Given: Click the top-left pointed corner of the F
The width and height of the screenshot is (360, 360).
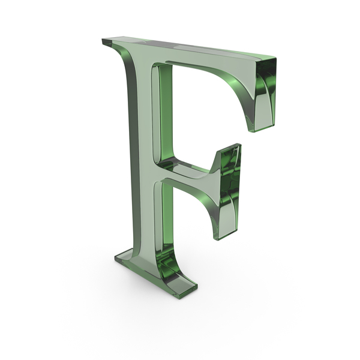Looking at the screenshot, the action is point(102,40).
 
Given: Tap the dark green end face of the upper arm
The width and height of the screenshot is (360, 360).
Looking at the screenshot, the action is point(266,92).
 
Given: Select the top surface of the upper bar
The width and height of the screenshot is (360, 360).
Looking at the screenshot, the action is point(188,48).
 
